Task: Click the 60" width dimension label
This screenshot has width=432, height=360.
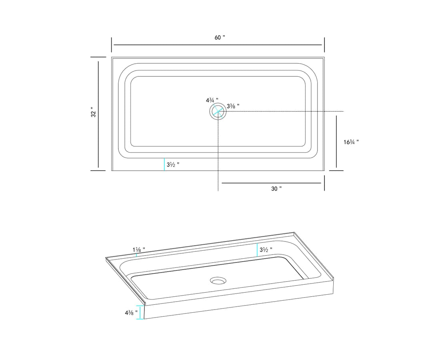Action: tap(220, 37)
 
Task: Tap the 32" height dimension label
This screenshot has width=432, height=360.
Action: tap(94, 112)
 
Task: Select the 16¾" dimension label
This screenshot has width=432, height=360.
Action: tap(351, 142)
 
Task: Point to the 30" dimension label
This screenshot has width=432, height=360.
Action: tap(276, 189)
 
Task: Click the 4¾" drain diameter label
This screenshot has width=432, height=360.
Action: tap(212, 100)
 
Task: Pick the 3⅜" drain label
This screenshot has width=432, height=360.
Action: tap(233, 106)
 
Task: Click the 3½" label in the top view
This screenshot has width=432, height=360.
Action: tap(173, 165)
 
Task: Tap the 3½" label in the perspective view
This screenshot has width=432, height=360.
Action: tap(266, 249)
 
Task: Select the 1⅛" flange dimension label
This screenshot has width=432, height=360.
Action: tap(139, 249)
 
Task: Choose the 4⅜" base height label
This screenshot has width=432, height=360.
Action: tap(131, 313)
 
